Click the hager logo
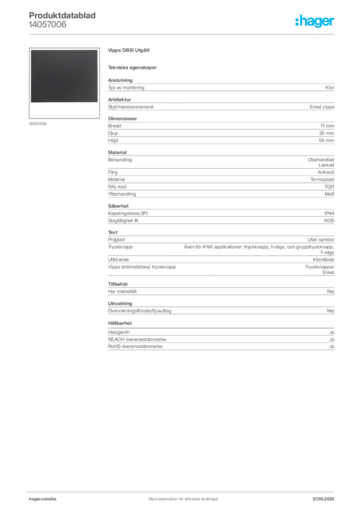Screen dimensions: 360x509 pos(315,21)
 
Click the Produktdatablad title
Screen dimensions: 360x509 pos(62,15)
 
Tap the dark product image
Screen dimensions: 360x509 pos(64,76)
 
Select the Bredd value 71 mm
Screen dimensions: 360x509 pos(327,126)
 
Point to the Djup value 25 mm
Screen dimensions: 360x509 pos(327,133)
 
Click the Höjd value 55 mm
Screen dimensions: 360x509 pos(327,141)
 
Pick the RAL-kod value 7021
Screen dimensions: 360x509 pos(329,187)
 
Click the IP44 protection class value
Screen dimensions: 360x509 pos(329,213)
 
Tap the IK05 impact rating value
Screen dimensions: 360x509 pos(329,220)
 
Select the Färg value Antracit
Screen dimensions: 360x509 pos(326,172)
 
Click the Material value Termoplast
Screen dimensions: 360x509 pos(322,179)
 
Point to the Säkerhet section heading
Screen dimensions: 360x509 pos(118,206)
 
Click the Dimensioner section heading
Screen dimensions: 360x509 pos(122,119)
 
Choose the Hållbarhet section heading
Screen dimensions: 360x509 pos(120,323)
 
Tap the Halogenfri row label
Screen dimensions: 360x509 pos(119,333)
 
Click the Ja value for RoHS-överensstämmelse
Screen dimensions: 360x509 pos(332,346)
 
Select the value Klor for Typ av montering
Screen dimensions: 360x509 pos(330,87)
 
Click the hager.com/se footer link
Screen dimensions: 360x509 pos(43,499)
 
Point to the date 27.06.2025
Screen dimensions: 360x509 pos(323,499)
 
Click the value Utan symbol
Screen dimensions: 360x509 pos(321,240)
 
